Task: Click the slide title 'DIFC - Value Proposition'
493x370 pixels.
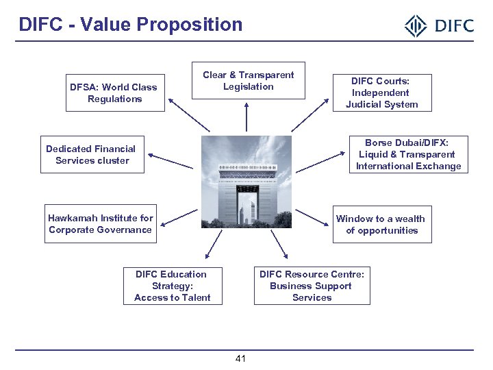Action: pos(130,25)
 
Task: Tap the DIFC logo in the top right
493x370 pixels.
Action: pos(439,26)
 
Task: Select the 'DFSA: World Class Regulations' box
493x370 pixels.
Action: pos(115,93)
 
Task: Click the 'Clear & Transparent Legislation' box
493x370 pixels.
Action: pos(248,81)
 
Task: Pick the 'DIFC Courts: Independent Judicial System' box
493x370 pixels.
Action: pos(381,92)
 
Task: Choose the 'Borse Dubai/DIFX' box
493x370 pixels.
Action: pos(408,154)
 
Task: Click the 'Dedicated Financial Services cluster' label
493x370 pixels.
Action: pos(91,155)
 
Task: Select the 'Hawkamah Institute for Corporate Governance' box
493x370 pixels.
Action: pos(100,224)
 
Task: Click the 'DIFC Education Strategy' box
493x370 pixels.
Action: pos(172,286)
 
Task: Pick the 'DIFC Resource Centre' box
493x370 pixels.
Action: pos(312,286)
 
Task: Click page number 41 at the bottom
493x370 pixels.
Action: pos(241,359)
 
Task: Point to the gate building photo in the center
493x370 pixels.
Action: pos(246,182)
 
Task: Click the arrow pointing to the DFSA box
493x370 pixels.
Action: pos(189,116)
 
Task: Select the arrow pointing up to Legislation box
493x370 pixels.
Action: pos(246,116)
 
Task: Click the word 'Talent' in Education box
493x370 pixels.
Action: pos(196,297)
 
